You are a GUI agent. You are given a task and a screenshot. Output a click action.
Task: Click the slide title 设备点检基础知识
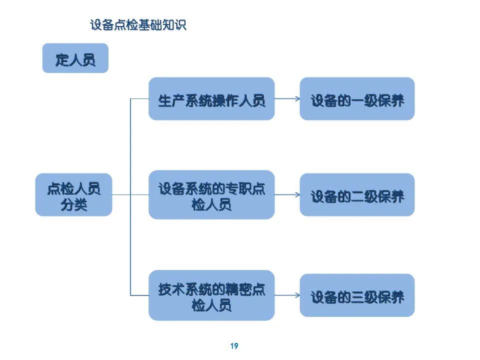[138, 25]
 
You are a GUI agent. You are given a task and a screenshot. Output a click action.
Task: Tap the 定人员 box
[75, 58]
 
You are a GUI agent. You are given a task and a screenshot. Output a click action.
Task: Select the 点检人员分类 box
[74, 194]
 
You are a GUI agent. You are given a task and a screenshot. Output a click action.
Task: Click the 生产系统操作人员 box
[211, 98]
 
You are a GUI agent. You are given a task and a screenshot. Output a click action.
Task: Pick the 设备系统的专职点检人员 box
[211, 194]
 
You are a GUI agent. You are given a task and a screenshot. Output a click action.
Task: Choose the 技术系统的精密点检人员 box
[211, 295]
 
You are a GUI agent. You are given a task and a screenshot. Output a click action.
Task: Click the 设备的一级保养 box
[357, 98]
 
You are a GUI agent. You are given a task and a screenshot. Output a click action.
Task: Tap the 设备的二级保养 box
[357, 194]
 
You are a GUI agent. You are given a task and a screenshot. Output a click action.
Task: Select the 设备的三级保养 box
[357, 295]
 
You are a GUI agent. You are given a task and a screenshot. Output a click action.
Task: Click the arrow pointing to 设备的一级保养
[287, 98]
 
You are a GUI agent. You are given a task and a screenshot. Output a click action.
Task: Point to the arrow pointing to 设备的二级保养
[287, 194]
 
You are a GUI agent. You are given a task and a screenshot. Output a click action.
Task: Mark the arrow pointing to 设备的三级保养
[287, 295]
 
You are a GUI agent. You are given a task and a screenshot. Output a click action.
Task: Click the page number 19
[234, 346]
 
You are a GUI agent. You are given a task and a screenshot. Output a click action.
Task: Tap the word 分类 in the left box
[74, 204]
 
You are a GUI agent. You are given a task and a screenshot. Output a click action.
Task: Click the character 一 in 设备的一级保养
[357, 100]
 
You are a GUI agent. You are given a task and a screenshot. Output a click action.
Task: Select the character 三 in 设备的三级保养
[357, 297]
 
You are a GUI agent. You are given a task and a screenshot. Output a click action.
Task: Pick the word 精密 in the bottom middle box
[238, 289]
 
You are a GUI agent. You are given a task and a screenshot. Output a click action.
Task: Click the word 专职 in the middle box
[238, 188]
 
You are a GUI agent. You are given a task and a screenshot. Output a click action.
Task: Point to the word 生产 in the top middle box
[171, 100]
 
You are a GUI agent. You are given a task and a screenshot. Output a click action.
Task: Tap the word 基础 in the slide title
[150, 25]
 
